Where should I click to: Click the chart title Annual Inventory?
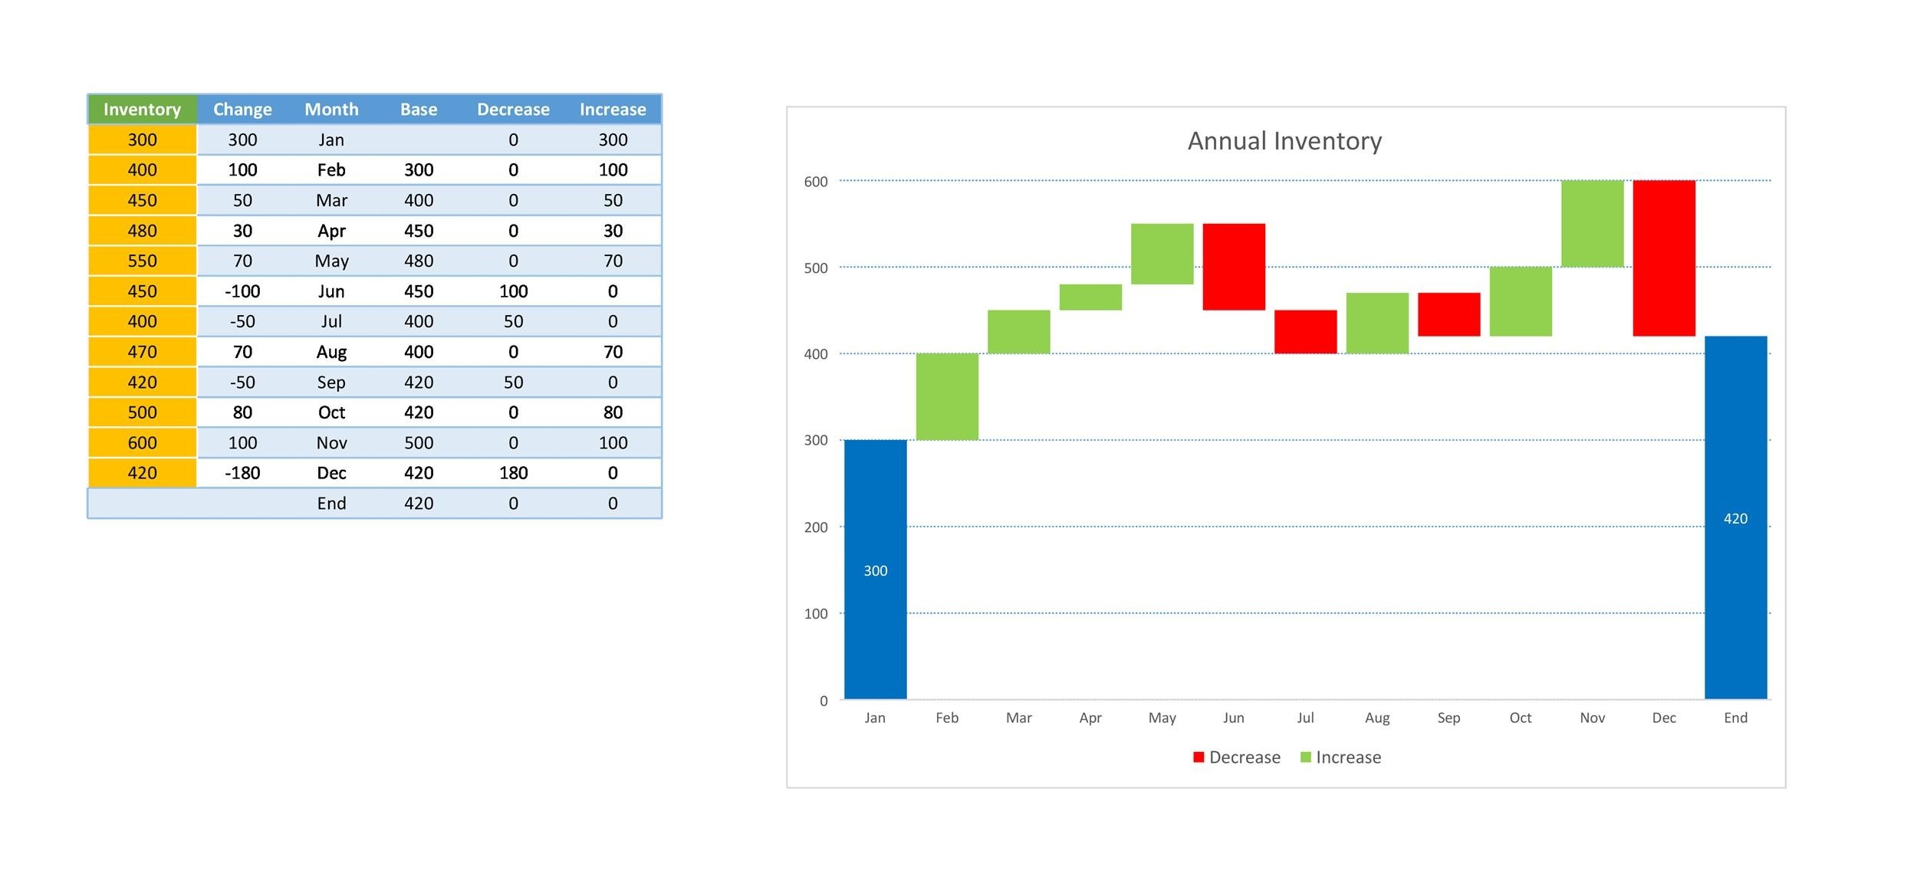click(1284, 141)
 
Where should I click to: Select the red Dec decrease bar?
click(1663, 258)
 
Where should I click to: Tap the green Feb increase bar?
click(947, 396)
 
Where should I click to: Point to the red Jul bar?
click(1305, 331)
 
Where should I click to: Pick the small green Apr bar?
click(1090, 297)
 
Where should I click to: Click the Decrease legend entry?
click(1236, 757)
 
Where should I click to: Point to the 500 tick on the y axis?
click(816, 268)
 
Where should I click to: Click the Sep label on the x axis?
click(1448, 718)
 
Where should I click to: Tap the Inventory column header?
click(142, 110)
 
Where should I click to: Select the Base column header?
click(419, 110)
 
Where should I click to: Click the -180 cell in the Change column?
click(242, 473)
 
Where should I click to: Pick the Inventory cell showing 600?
click(142, 442)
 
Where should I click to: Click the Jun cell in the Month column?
click(331, 291)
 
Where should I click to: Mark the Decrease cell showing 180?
click(513, 473)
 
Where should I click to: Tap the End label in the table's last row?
click(331, 503)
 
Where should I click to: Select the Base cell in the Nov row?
click(419, 442)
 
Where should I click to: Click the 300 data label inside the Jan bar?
click(875, 570)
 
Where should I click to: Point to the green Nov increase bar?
click(1592, 224)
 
